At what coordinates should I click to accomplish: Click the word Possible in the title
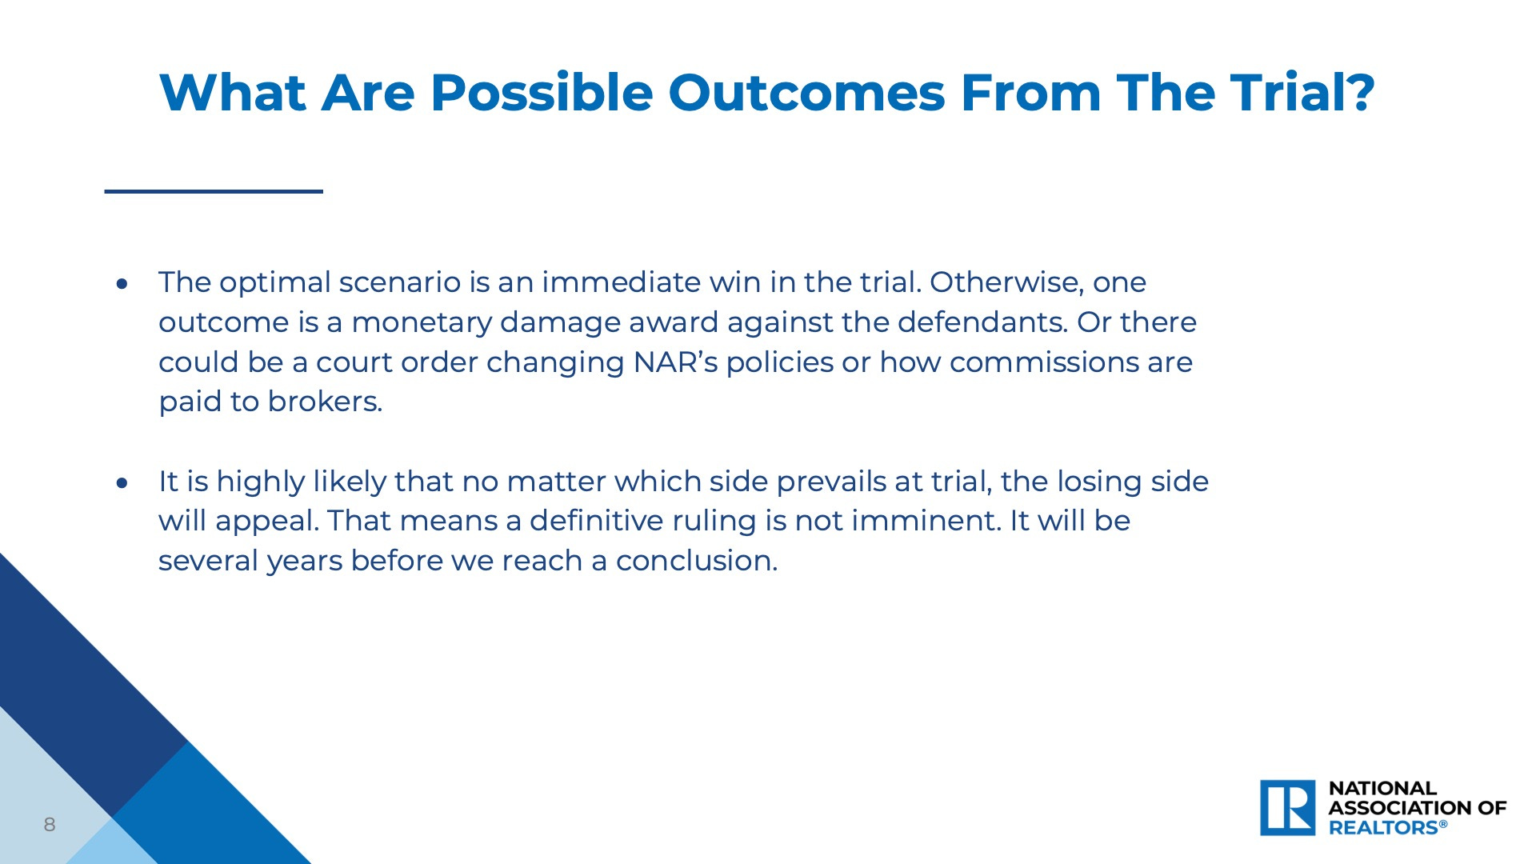[542, 93]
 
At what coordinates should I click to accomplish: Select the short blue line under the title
[214, 191]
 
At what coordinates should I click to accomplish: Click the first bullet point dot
[122, 283]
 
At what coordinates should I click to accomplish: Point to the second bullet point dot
[122, 482]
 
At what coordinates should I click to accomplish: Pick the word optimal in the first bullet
[275, 283]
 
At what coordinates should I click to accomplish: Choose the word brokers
[325, 401]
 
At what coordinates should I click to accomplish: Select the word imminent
[926, 521]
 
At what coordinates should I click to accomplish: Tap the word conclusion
[697, 561]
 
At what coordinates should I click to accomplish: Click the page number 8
[50, 825]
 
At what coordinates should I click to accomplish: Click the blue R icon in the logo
[1288, 808]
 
